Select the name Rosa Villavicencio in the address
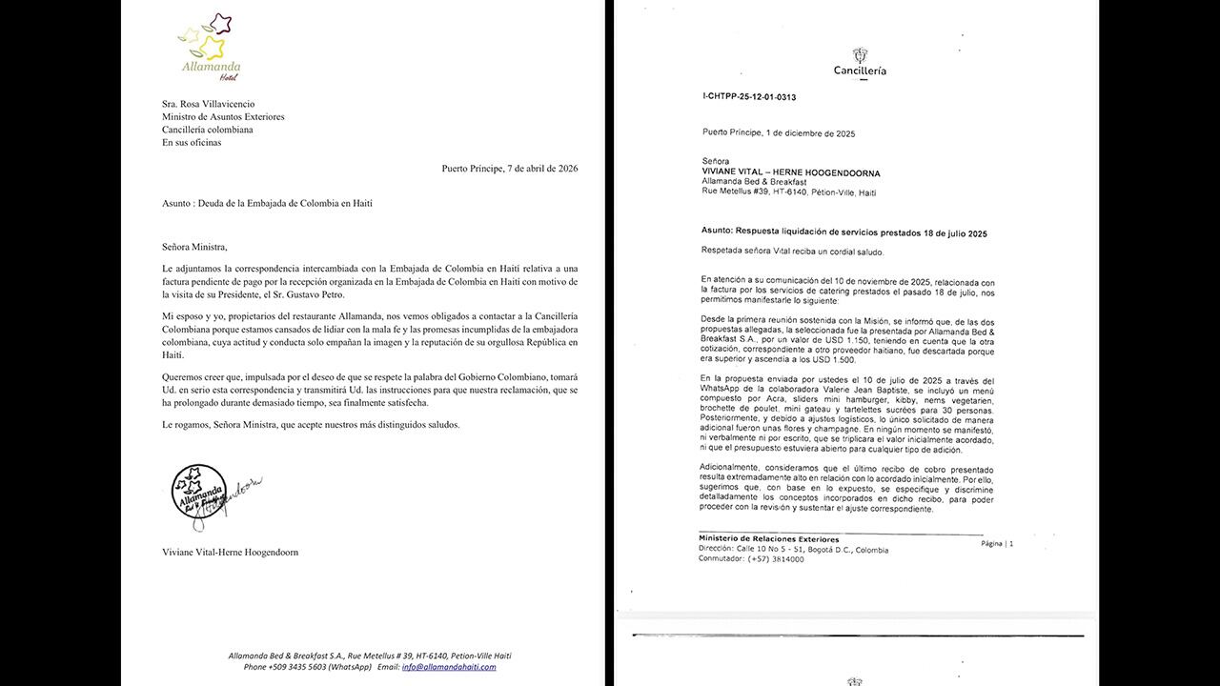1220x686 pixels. pos(224,104)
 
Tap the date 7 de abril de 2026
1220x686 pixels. pos(529,169)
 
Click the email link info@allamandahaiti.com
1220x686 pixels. pos(449,667)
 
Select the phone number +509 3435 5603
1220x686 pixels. pos(299,667)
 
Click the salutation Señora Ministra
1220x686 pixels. pos(195,247)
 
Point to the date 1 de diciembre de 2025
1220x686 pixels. pos(812,134)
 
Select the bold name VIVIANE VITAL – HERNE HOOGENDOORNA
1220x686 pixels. pos(790,173)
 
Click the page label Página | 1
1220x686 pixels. pos(997,543)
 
